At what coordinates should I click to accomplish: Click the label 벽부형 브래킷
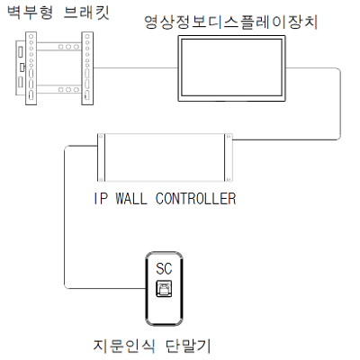(x=58, y=13)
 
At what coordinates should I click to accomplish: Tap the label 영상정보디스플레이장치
(x=231, y=22)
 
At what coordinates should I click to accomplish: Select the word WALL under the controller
(x=131, y=199)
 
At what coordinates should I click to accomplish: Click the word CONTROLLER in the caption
(x=196, y=199)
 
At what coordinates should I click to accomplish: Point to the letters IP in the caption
(x=100, y=199)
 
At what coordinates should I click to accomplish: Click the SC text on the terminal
(x=164, y=268)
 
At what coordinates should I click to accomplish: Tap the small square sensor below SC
(x=164, y=289)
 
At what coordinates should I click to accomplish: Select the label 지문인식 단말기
(x=152, y=346)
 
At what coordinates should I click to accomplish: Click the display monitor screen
(x=231, y=68)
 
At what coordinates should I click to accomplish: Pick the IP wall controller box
(x=165, y=157)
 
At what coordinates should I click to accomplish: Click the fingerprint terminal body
(x=164, y=289)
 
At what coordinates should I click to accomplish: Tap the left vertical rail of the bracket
(x=31, y=68)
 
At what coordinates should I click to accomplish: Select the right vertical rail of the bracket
(x=87, y=68)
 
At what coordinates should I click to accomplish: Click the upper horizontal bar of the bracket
(x=59, y=47)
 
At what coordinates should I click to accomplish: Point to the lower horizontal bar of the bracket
(x=59, y=89)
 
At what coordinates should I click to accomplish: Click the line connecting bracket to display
(x=136, y=68)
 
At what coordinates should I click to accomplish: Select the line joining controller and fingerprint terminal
(x=65, y=218)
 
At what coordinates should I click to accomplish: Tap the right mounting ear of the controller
(x=229, y=157)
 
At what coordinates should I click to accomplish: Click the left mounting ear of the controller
(x=101, y=157)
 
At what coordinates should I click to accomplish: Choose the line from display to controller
(x=341, y=103)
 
